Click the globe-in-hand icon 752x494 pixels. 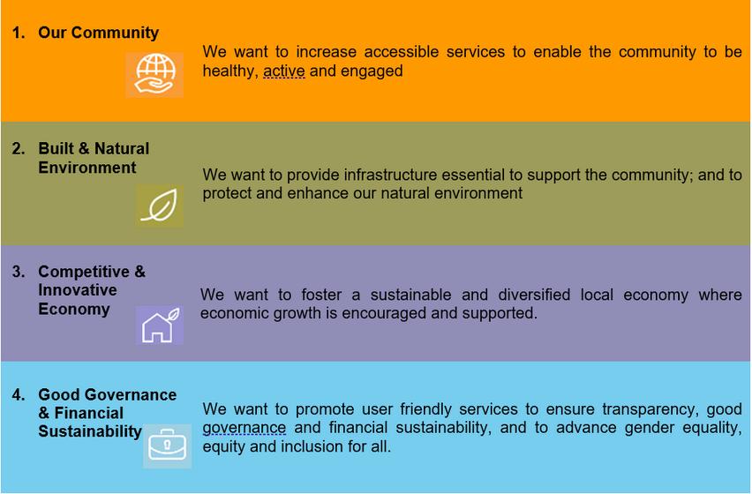pos(154,75)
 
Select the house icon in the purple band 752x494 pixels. pos(159,325)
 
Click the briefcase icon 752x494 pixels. pos(167,445)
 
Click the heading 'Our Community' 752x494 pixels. pos(98,33)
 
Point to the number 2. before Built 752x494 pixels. pos(19,148)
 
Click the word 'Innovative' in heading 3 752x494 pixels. pos(77,290)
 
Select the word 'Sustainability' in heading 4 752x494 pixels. pos(90,431)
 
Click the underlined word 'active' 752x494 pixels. pos(284,71)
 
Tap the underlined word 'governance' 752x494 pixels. pos(244,428)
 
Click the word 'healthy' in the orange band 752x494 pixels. pos(230,71)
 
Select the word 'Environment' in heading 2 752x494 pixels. pos(86,168)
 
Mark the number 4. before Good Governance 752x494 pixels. pos(19,395)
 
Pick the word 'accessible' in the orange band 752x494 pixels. pos(402,52)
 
